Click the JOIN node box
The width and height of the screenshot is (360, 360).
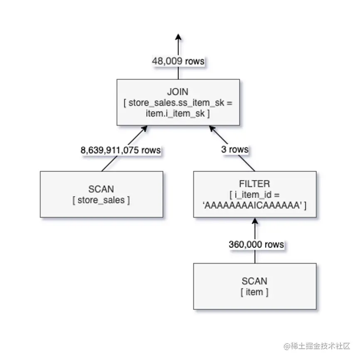pos(178,102)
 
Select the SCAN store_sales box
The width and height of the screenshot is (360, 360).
pos(101,194)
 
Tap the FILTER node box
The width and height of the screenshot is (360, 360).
pos(255,194)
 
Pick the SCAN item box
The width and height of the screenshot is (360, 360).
pos(254,286)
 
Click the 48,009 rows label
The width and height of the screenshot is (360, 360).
pos(178,61)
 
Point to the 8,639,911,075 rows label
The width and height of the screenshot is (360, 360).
pos(121,150)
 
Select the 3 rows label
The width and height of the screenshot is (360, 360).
pos(234,149)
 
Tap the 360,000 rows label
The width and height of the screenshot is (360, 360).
pos(256,244)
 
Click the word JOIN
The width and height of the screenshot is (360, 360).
pos(178,92)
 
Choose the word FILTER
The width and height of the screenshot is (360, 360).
pos(255,184)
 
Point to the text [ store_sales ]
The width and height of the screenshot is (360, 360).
pos(101,200)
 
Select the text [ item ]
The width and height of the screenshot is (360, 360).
pos(254,292)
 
